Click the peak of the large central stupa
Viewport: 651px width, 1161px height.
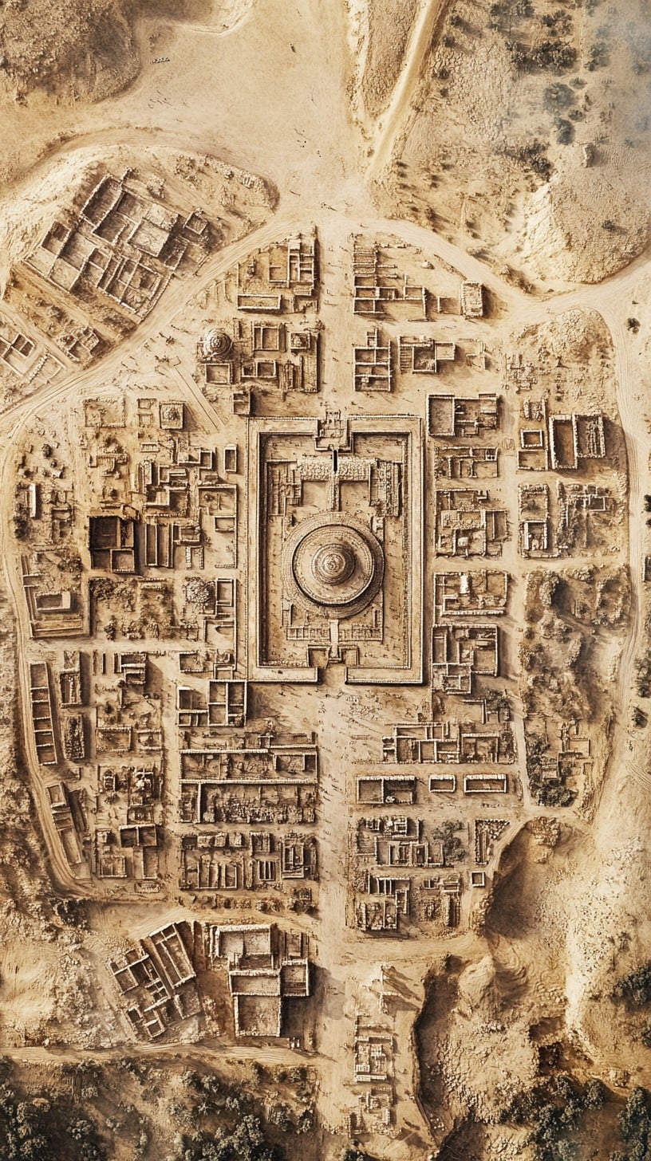point(333,563)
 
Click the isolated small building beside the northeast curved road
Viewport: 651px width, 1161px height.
point(471,299)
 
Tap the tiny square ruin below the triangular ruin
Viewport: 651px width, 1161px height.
point(477,879)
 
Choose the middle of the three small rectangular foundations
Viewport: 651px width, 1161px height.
point(442,783)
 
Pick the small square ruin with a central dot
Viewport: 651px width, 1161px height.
point(171,414)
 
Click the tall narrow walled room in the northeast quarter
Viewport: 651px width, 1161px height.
point(563,442)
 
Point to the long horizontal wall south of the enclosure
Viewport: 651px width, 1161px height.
point(248,781)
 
